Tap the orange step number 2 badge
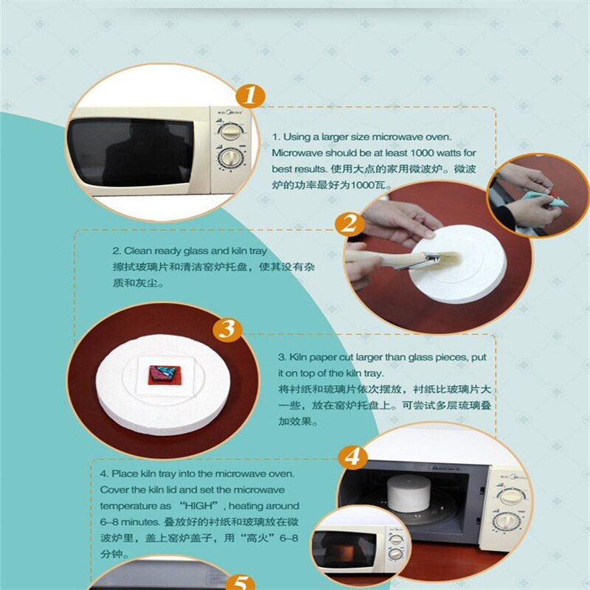pyautogui.click(x=349, y=223)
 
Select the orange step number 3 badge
pyautogui.click(x=227, y=330)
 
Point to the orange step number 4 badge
pyautogui.click(x=353, y=457)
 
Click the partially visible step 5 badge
pyautogui.click(x=240, y=582)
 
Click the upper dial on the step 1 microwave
pyautogui.click(x=230, y=130)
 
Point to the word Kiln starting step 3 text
pyautogui.click(x=303, y=358)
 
